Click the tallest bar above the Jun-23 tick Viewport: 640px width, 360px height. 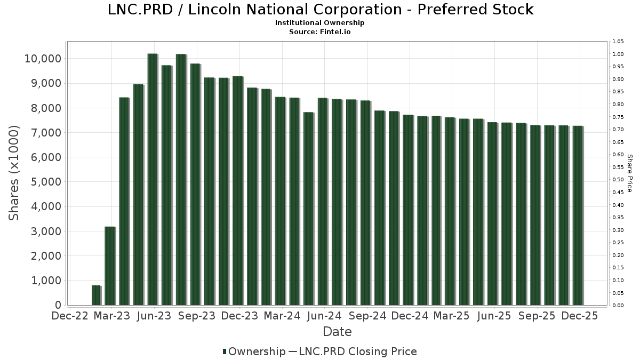[x=153, y=179]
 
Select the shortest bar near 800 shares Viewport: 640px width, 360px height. [x=96, y=295]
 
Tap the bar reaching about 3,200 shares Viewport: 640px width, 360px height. [x=110, y=266]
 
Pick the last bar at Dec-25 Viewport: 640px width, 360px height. [x=577, y=215]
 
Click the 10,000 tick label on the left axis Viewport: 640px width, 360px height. [x=43, y=59]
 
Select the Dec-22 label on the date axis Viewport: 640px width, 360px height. [x=69, y=316]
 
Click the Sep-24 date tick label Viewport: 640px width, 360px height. [x=367, y=316]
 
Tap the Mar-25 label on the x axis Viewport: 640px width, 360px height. [x=452, y=316]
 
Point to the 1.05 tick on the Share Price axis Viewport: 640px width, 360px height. [x=618, y=42]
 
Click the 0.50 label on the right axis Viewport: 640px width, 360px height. [x=618, y=180]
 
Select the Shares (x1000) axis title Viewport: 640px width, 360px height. [x=14, y=173]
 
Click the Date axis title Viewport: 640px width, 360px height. [x=337, y=332]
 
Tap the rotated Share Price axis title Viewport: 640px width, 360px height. [x=629, y=173]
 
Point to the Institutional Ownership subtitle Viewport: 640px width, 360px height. [x=320, y=23]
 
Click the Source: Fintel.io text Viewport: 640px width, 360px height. [x=320, y=31]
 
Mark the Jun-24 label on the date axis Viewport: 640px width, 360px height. [x=325, y=316]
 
